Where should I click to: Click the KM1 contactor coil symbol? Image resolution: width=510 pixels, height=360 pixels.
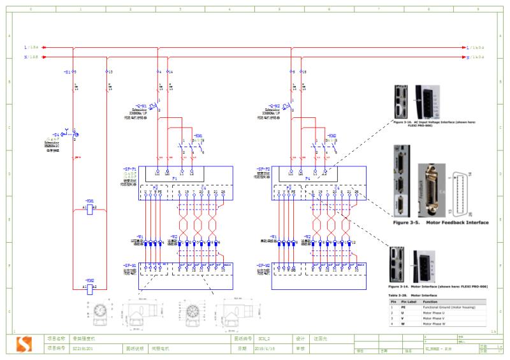point(89,208)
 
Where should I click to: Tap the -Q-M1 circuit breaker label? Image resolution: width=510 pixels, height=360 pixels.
point(142,105)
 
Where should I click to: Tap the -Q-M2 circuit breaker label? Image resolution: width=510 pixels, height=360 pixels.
point(275,105)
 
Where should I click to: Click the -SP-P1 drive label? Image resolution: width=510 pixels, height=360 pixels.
point(130,170)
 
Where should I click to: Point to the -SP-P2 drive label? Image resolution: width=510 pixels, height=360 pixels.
point(263,170)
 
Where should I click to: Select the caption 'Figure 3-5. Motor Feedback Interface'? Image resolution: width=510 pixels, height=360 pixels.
point(441,222)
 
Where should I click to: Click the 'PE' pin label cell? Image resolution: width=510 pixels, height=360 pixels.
point(403,307)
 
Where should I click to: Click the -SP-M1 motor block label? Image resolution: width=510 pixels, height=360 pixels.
point(130,264)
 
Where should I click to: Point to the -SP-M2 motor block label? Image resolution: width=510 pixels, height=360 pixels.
point(263,264)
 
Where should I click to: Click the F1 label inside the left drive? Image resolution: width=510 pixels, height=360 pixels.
point(174,179)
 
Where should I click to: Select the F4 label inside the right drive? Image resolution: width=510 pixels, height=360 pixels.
point(307,179)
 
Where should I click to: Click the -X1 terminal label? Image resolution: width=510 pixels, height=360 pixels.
point(67,72)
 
